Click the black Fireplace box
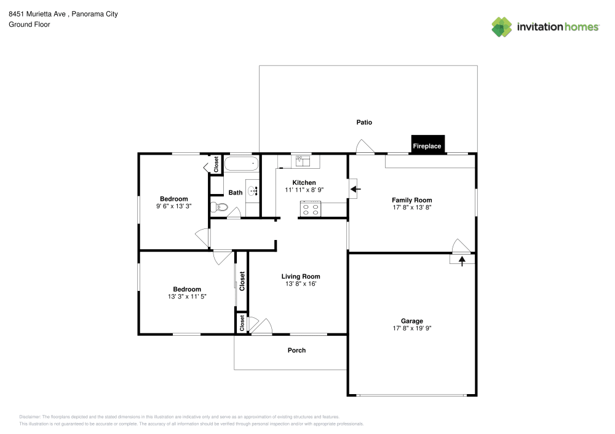click(x=427, y=144)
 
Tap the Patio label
click(x=364, y=122)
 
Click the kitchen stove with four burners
click(x=311, y=209)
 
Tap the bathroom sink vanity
click(x=252, y=192)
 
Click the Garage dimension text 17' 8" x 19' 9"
click(x=412, y=328)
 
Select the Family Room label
click(x=412, y=200)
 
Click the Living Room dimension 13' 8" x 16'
click(x=301, y=284)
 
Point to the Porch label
click(x=296, y=351)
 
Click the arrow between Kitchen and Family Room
click(x=355, y=189)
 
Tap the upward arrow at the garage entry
click(x=462, y=260)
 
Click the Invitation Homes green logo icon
click(x=502, y=27)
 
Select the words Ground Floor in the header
click(x=30, y=25)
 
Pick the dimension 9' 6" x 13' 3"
click(x=174, y=206)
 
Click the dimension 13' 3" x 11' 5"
click(x=187, y=296)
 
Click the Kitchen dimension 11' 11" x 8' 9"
click(x=304, y=190)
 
